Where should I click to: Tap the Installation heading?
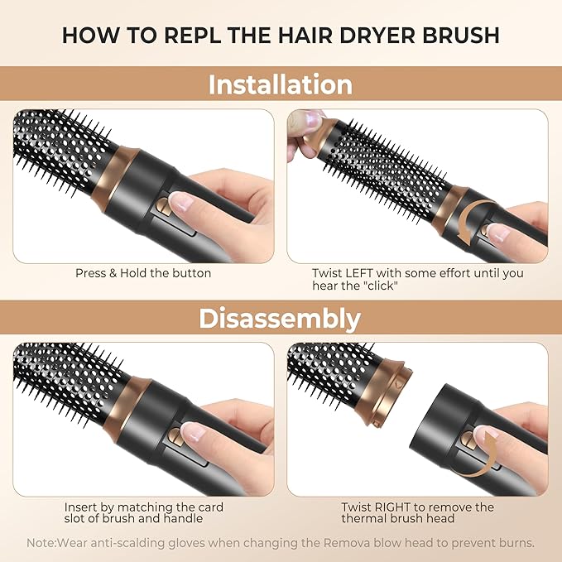(281, 84)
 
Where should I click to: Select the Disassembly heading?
(281, 318)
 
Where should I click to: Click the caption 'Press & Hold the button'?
(143, 272)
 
